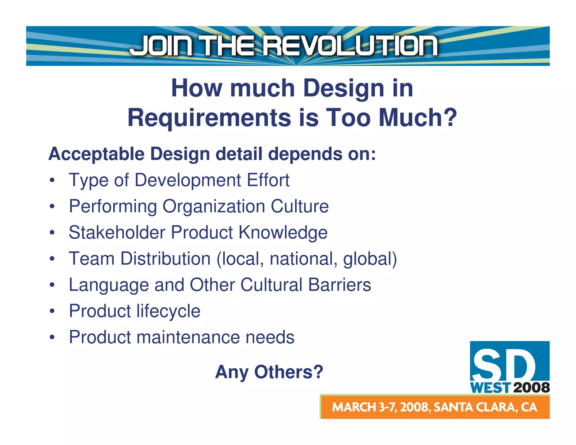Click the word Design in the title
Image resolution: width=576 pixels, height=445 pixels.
[344, 88]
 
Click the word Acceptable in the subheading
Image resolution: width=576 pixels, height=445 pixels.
[96, 154]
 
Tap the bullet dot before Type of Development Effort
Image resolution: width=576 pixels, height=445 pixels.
[52, 180]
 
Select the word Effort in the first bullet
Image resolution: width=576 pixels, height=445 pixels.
[268, 180]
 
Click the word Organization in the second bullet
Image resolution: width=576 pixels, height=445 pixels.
[214, 206]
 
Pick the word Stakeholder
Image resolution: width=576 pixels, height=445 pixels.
[117, 232]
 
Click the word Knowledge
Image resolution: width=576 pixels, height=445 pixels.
[283, 233]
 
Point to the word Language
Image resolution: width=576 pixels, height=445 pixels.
[109, 285]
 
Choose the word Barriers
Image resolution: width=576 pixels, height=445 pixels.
[339, 285]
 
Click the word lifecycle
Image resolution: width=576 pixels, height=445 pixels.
[168, 311]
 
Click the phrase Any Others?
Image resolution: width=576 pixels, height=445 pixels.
[269, 372]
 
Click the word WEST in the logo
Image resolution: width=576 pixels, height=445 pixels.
[490, 388]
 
